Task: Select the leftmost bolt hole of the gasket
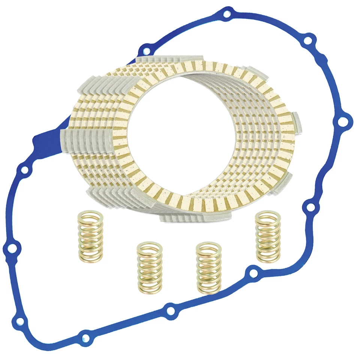pos(11,248)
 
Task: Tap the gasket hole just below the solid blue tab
pos(24,170)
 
